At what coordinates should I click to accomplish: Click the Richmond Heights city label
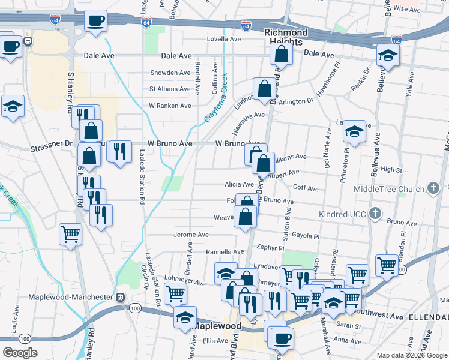(286, 37)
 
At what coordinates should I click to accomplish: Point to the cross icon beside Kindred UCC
(375, 213)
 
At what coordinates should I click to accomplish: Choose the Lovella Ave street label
(224, 39)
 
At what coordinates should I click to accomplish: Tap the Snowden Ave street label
(170, 73)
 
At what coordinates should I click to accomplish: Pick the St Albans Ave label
(170, 89)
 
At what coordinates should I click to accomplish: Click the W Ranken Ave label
(170, 106)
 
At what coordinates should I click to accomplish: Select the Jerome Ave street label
(191, 235)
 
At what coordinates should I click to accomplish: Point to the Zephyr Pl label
(269, 247)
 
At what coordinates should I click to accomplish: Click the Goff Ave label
(306, 188)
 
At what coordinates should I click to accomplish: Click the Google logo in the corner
(20, 353)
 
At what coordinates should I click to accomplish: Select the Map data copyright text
(412, 355)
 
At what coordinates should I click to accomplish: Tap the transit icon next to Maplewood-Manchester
(121, 297)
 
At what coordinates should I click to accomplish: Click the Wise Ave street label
(406, 10)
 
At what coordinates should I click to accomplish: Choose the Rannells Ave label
(224, 252)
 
